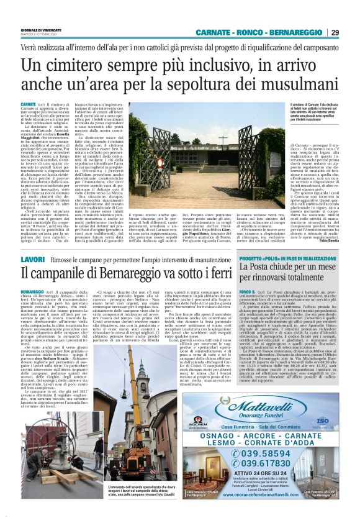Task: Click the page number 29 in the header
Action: pos(352,32)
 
